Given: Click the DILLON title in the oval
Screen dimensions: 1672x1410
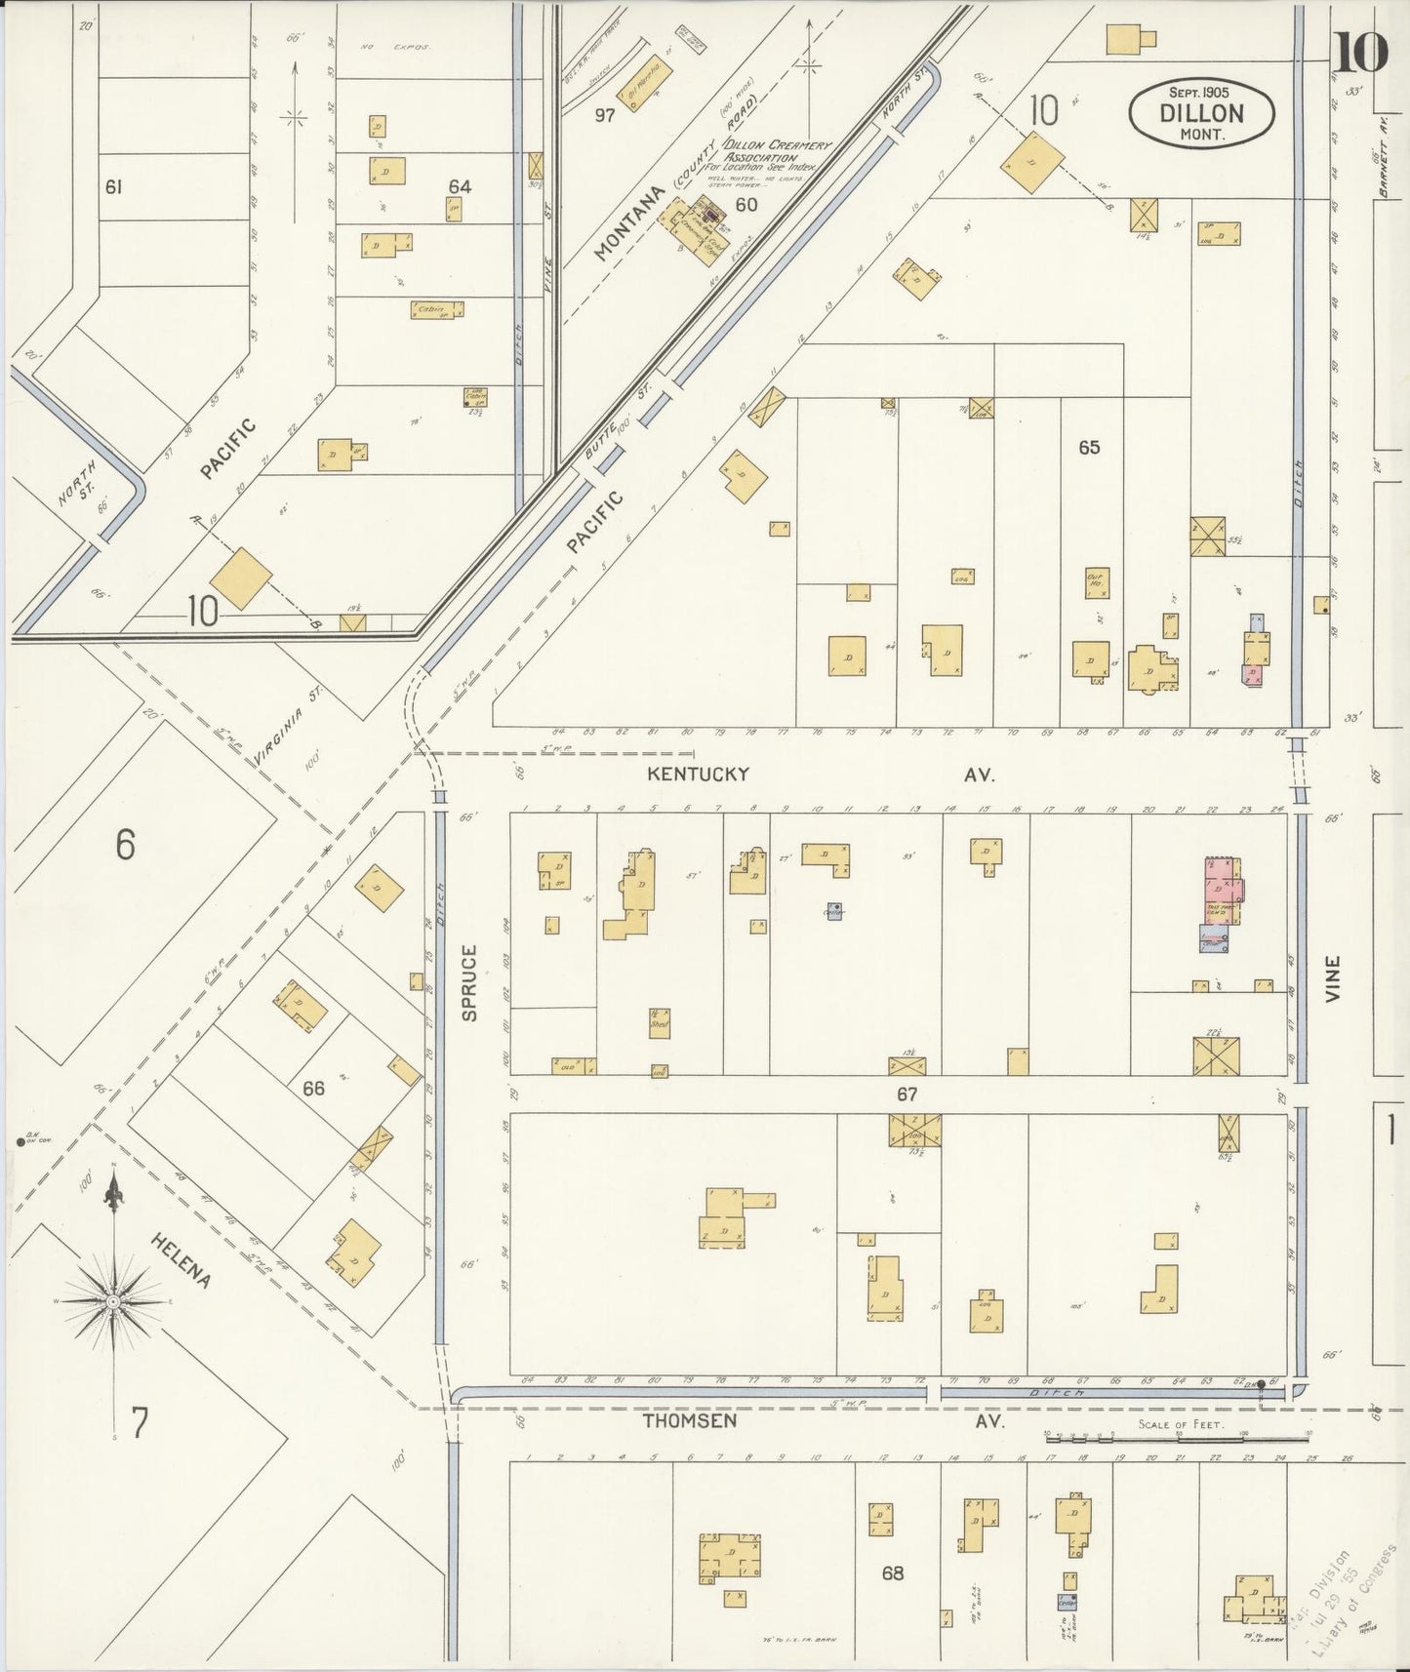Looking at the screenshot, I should pyautogui.click(x=1201, y=112).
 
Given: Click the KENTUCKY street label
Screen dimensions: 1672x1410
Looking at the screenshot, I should pyautogui.click(x=700, y=774).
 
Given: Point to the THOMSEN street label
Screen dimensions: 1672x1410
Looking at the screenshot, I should pyautogui.click(x=689, y=1421).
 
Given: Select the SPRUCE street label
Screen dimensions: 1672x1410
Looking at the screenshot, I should pyautogui.click(x=469, y=982).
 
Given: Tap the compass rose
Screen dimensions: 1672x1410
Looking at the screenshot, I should pyautogui.click(x=114, y=1301).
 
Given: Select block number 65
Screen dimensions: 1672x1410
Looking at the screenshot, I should pyautogui.click(x=1089, y=447).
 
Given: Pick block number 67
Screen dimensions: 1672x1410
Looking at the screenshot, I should pyautogui.click(x=907, y=1095).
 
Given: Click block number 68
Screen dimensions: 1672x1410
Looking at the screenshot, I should pyautogui.click(x=892, y=1572).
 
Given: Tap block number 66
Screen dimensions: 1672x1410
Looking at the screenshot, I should pyautogui.click(x=312, y=1088).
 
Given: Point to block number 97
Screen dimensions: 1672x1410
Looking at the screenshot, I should pyautogui.click(x=605, y=115).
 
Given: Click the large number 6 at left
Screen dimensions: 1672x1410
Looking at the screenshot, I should pyautogui.click(x=124, y=844).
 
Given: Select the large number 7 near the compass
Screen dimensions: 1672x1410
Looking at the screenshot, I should pyautogui.click(x=140, y=1424).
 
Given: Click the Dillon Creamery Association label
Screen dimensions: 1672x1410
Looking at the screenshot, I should pyautogui.click(x=776, y=151).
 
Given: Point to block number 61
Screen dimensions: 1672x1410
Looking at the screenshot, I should pyautogui.click(x=113, y=186).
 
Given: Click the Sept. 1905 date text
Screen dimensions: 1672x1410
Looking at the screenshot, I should pyautogui.click(x=1200, y=91).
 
